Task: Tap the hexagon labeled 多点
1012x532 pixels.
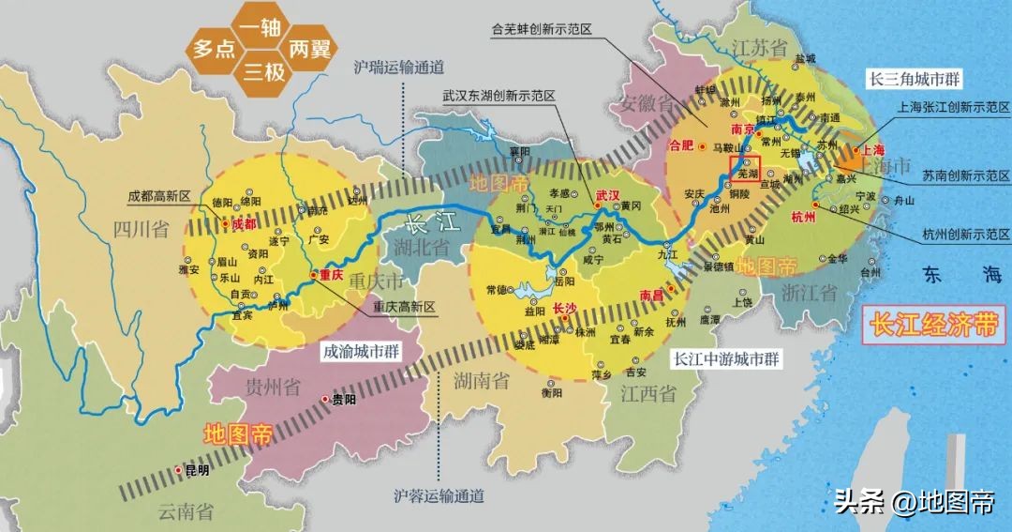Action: [x=215, y=48]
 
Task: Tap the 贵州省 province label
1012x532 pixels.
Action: [x=273, y=386]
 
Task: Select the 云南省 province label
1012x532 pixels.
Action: [x=185, y=511]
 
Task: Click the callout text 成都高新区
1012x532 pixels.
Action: [x=159, y=196]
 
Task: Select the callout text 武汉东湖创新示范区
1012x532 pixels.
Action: [x=499, y=96]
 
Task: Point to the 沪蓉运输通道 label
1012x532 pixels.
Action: [x=439, y=494]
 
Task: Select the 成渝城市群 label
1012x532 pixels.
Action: [x=362, y=353]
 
